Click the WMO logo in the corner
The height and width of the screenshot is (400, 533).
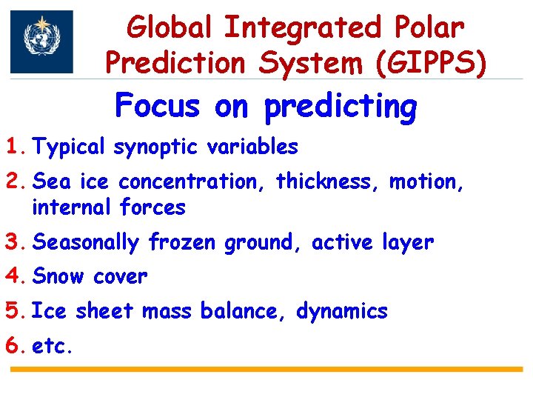pyautogui.click(x=41, y=42)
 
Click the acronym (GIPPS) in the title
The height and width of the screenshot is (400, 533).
pyautogui.click(x=432, y=63)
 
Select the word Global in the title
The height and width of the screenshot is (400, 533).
pyautogui.click(x=169, y=27)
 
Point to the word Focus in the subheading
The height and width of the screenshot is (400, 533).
pyautogui.click(x=158, y=107)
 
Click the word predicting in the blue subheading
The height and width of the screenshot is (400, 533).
pyautogui.click(x=341, y=108)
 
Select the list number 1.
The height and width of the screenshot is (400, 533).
pyautogui.click(x=16, y=147)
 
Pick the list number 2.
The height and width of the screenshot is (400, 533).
pyautogui.click(x=16, y=181)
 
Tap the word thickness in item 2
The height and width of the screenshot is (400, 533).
pyautogui.click(x=326, y=181)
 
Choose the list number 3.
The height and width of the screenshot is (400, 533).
pyautogui.click(x=16, y=242)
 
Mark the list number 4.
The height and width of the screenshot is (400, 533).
pyautogui.click(x=16, y=277)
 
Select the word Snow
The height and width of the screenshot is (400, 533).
pyautogui.click(x=59, y=277)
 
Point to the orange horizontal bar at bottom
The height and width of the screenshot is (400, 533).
pyautogui.click(x=266, y=369)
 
